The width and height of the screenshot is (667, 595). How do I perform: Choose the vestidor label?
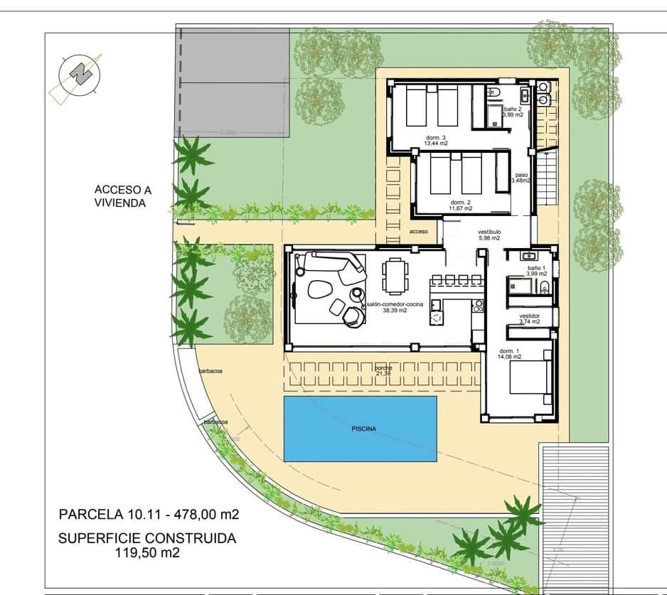point(530,318)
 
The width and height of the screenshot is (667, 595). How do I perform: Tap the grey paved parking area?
point(232,82)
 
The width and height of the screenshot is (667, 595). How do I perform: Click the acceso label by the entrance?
point(419,232)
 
